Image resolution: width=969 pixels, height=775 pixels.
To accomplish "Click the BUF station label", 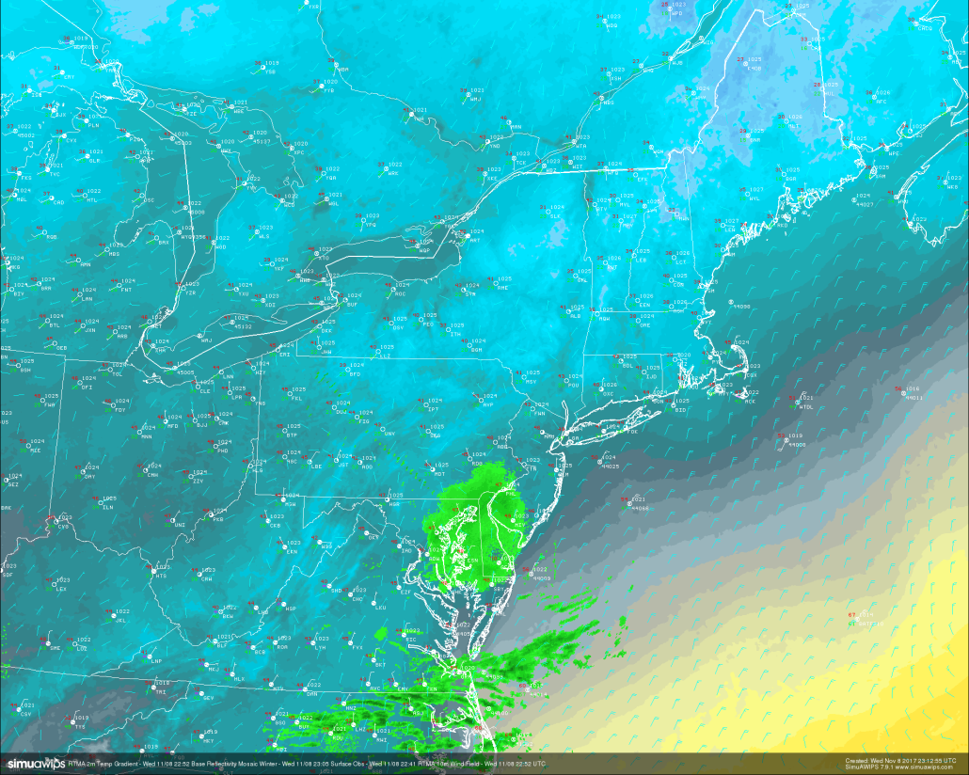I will tap(353, 305).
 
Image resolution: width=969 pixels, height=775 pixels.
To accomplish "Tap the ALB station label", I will tap(576, 316).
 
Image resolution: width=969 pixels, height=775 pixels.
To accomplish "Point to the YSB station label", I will tap(270, 71).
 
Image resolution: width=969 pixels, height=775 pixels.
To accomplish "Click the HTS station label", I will tap(161, 576).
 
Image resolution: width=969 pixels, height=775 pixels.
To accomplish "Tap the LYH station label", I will tap(320, 647).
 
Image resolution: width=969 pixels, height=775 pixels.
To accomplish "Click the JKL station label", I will tap(121, 620).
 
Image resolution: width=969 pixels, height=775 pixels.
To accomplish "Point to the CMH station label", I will tap(152, 475).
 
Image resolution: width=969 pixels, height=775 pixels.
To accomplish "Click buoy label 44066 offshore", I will tap(641, 508).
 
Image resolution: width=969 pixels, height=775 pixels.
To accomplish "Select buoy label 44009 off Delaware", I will tap(542, 578).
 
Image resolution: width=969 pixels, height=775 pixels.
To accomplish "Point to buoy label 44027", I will tap(865, 204).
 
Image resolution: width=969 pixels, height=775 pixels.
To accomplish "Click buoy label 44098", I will tap(741, 307).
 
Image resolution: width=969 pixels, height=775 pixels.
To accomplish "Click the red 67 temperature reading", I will tap(851, 615).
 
